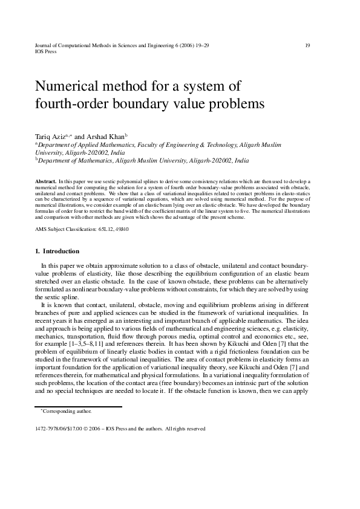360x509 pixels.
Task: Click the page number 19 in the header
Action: click(308, 45)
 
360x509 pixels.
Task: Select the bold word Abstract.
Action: click(46, 181)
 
